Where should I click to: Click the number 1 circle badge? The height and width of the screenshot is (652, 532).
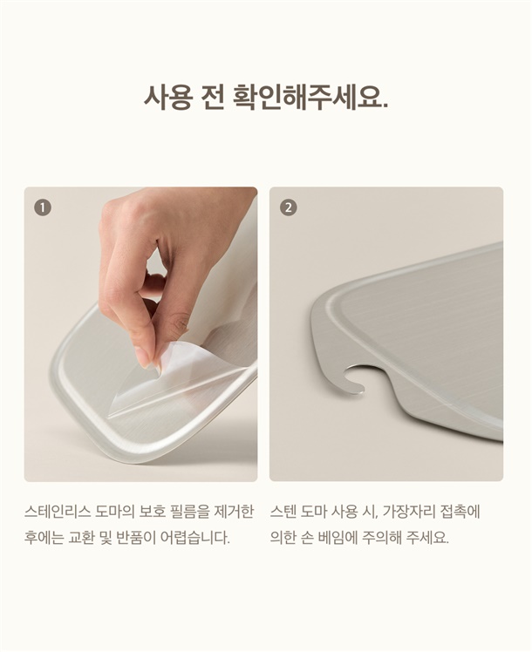click(43, 207)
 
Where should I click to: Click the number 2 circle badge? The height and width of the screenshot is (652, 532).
click(289, 207)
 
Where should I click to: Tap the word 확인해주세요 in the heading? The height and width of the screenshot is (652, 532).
click(310, 98)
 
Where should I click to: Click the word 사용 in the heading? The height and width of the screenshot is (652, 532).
click(167, 98)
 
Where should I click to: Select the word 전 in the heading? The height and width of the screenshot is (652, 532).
click(213, 98)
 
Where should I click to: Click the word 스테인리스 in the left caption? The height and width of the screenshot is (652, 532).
click(58, 512)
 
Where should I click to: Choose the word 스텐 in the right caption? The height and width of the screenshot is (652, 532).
click(283, 512)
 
